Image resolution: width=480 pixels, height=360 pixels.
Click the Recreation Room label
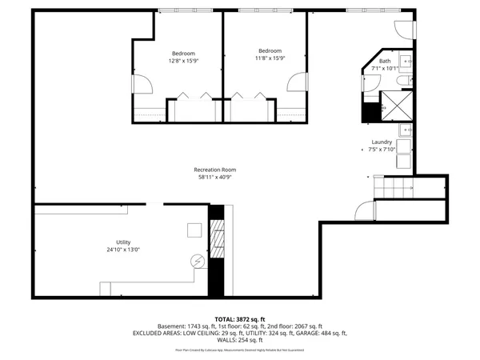[x=215, y=170]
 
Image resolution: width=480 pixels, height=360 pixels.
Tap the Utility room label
[x=122, y=242]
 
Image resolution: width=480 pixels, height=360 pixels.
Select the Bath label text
[x=385, y=61]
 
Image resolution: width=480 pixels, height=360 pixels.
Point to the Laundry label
[x=382, y=142]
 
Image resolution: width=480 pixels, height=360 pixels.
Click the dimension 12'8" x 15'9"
[x=182, y=61]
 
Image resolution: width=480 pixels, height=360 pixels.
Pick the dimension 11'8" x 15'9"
[x=270, y=58]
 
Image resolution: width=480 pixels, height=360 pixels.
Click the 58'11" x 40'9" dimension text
[x=215, y=177]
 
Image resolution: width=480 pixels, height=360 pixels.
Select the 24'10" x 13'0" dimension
[x=122, y=250]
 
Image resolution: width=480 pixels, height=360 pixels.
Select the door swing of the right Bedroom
[x=300, y=83]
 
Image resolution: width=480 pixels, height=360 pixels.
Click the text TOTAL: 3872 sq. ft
[x=239, y=318]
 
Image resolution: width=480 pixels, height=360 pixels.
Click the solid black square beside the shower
[x=370, y=112]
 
